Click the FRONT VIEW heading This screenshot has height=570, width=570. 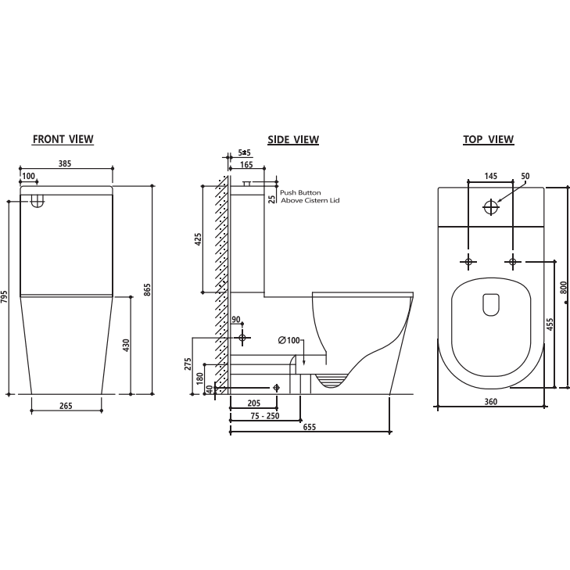coord(63,139)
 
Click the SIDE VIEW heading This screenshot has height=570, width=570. coord(293,140)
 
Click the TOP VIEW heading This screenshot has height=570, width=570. coord(488,140)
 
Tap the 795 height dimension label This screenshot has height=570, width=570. coord(5,298)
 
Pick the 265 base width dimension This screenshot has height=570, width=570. coord(66,405)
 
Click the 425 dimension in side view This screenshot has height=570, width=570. coord(199,239)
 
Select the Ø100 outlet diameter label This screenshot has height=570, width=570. coord(289,340)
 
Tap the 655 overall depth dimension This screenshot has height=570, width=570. coord(310,439)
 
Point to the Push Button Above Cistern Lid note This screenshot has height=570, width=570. coord(310,196)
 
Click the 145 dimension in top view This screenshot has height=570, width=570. coord(491,176)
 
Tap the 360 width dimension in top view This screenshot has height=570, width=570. coord(490,402)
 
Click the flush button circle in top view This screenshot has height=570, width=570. coord(490,207)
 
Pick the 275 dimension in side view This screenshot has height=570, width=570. coord(188,365)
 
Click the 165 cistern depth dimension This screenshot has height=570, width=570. coord(246,165)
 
